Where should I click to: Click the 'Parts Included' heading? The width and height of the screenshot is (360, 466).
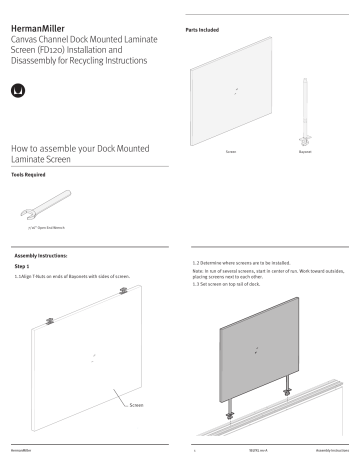205,31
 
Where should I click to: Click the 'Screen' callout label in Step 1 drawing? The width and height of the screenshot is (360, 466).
140,406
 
